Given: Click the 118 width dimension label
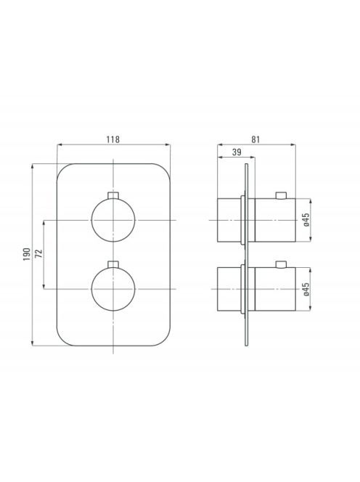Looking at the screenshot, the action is (x=112, y=139).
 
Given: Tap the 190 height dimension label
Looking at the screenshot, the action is (x=27, y=254).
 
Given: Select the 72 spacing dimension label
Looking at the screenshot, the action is (x=38, y=253).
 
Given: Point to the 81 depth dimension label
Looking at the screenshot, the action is (x=255, y=139).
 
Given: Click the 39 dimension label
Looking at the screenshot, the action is (x=237, y=152).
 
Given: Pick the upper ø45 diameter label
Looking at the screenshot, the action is (x=306, y=220).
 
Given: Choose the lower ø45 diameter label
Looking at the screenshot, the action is (x=306, y=289).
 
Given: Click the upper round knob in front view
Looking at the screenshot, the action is (x=113, y=220).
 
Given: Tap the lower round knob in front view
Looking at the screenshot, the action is (x=113, y=289).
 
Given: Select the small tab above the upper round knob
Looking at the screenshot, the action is (x=113, y=196).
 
